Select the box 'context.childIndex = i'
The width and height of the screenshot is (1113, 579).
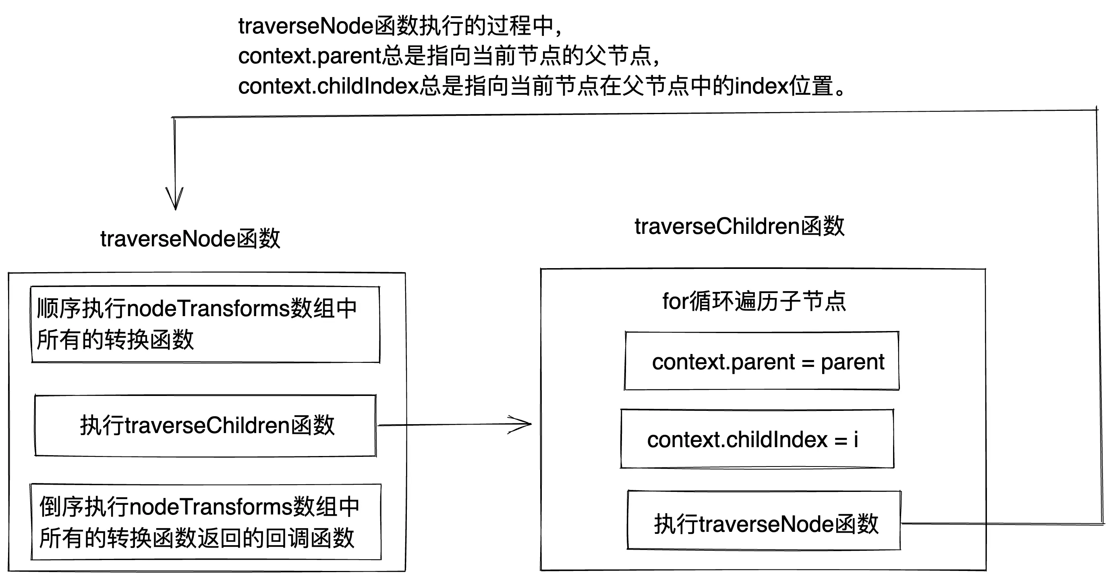tap(757, 439)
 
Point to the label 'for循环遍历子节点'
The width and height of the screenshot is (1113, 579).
tap(754, 301)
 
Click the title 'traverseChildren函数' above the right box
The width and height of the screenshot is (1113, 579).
tap(739, 226)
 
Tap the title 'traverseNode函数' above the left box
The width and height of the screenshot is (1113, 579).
tap(190, 239)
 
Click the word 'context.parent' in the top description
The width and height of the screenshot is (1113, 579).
tap(309, 56)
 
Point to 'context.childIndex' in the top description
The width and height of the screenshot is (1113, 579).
tap(328, 86)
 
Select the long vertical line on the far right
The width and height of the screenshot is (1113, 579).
tap(1100, 316)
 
